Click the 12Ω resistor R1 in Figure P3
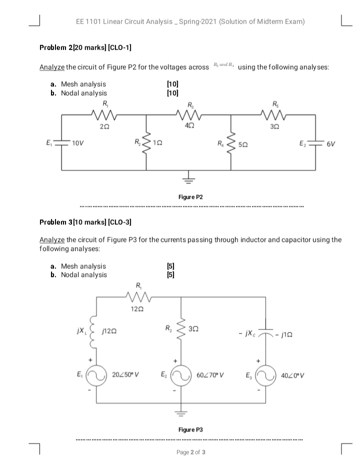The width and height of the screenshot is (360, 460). pos(138,297)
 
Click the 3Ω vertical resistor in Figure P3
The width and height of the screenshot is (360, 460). pos(182,328)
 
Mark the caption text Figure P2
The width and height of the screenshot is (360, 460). pos(190,197)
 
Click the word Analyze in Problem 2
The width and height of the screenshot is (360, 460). pos(52,68)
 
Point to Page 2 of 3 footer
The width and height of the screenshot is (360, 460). pos(190,452)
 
